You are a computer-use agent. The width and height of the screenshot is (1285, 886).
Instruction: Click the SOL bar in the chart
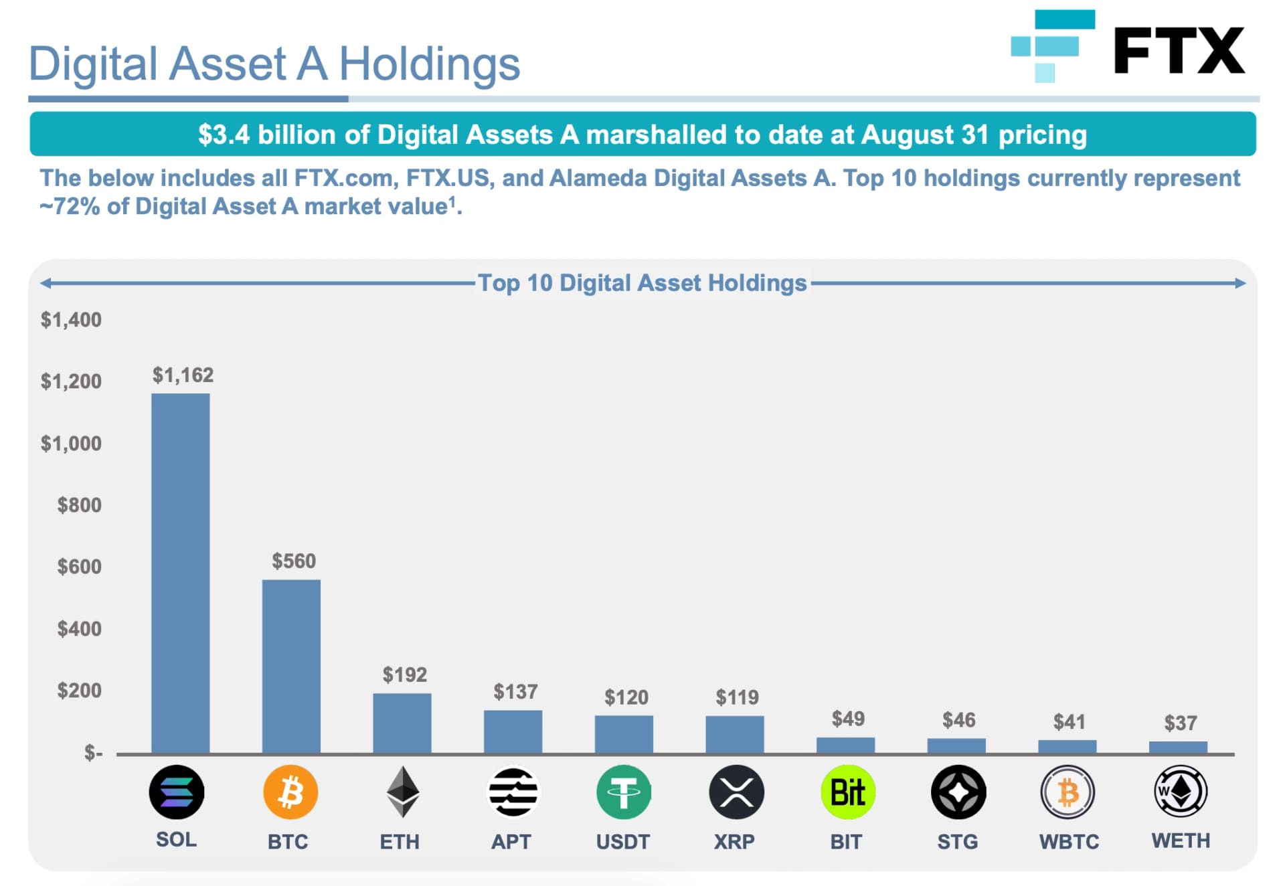coord(180,573)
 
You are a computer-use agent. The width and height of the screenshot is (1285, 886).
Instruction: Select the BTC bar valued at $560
coord(291,666)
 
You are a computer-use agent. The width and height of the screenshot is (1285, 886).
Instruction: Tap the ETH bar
coord(402,723)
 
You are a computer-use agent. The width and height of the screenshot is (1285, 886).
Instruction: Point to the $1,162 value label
coord(183,375)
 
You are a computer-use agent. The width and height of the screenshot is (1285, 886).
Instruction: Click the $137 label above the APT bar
coord(515,691)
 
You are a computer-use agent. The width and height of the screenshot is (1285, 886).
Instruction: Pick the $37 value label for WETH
coord(1180,723)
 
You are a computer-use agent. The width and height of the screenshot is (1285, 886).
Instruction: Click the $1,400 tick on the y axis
coord(71,319)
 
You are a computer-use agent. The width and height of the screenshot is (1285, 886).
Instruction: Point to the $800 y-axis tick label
coord(79,505)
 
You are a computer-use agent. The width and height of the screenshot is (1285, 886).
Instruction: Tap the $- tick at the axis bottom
coord(93,753)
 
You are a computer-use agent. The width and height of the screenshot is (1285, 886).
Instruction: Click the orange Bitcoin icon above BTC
coord(290,792)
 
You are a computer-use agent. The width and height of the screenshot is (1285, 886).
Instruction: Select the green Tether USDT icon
coord(623,792)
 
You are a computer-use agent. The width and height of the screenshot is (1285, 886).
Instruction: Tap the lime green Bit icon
coord(847,792)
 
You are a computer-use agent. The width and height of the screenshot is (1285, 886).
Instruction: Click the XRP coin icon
coord(736,792)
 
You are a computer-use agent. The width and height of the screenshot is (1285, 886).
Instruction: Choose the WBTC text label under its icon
coord(1069,841)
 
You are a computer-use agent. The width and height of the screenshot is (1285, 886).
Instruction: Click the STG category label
coord(957,841)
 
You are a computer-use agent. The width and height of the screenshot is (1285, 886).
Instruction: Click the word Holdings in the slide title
coord(429,64)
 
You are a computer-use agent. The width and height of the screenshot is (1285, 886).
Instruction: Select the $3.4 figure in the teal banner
coord(224,135)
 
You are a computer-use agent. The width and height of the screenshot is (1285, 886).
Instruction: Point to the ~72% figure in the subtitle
coord(70,206)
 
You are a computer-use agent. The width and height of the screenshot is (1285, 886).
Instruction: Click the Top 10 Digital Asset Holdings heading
coord(642,283)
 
